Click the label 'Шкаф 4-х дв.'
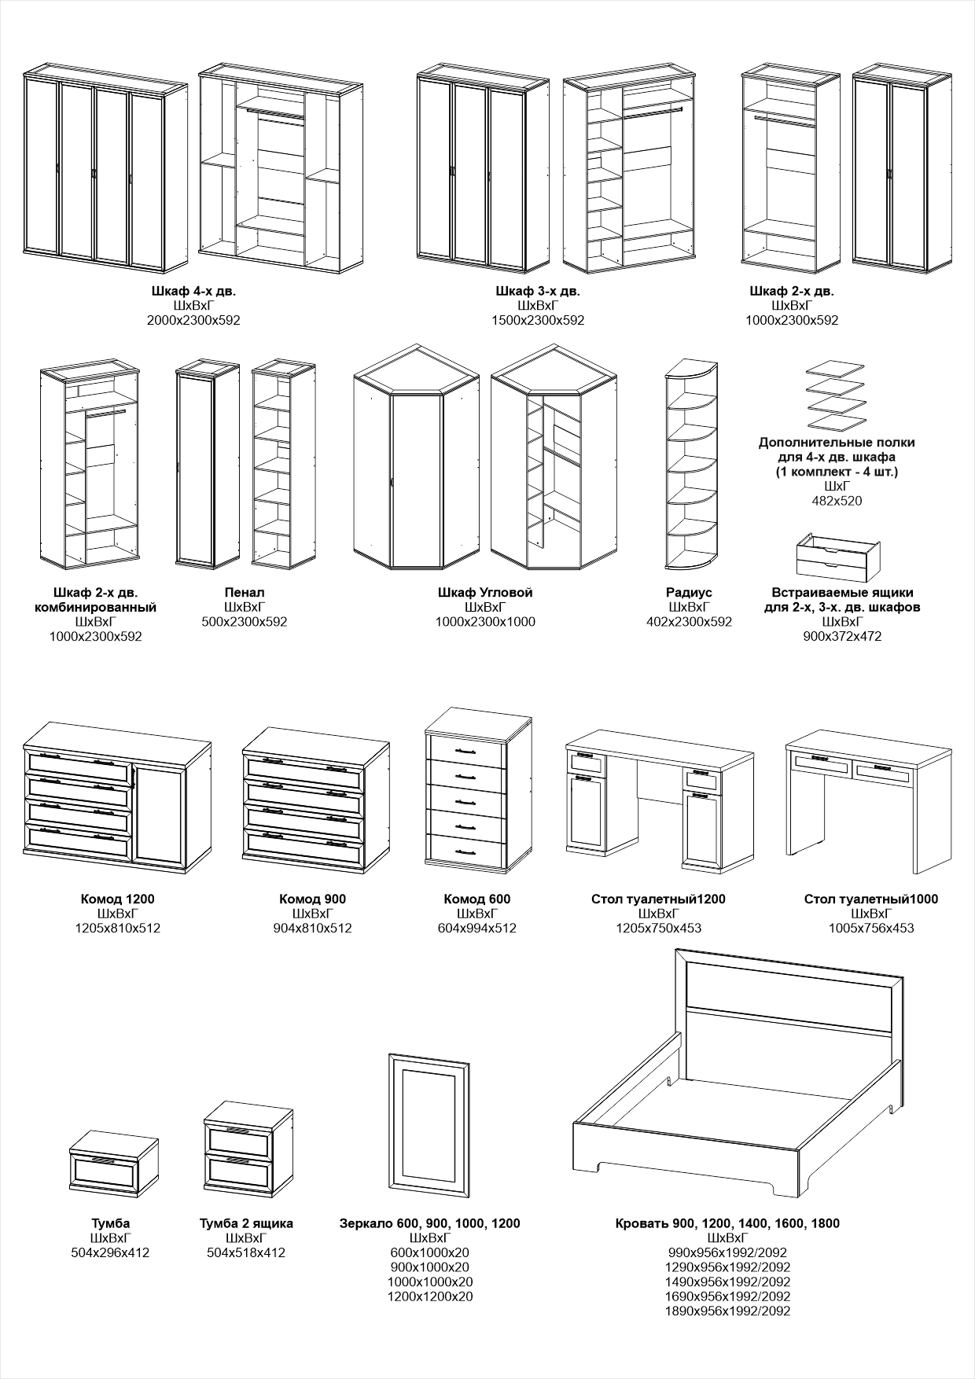click(x=193, y=291)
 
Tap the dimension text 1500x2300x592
click(x=538, y=320)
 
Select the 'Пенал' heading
click(x=245, y=592)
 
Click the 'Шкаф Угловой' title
click(x=485, y=592)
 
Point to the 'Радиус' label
click(x=689, y=592)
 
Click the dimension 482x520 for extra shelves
click(x=837, y=500)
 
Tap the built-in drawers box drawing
click(x=837, y=556)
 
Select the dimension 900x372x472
click(x=842, y=636)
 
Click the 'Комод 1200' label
click(x=118, y=899)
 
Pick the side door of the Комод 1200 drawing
click(x=161, y=814)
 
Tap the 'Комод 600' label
click(x=477, y=899)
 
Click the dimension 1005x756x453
click(x=871, y=928)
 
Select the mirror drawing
click(x=430, y=1124)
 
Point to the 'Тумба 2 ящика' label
click(x=246, y=1223)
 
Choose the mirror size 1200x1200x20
click(x=430, y=1296)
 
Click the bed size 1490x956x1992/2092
click(x=727, y=1282)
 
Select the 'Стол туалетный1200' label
click(x=658, y=899)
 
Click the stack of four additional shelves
click(x=836, y=396)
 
